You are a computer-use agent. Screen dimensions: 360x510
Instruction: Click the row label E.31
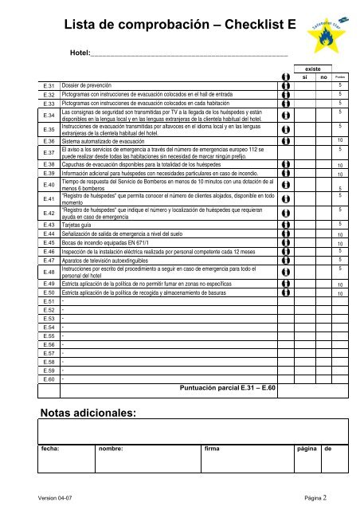click(47, 84)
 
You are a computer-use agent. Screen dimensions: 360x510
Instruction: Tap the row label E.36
click(47, 140)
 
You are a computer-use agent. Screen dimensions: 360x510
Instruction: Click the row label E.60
click(47, 379)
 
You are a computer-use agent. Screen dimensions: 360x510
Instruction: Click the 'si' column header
click(304, 77)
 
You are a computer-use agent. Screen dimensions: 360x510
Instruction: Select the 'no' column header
click(323, 77)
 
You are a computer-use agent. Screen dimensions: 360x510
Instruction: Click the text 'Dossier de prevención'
click(90, 84)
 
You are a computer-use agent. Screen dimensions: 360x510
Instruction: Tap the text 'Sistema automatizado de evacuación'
click(109, 140)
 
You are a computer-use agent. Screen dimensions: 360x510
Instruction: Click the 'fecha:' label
click(53, 449)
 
